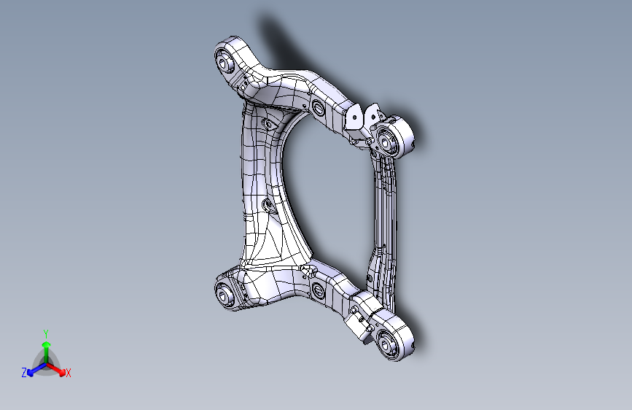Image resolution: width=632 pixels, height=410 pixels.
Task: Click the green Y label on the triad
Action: (45, 333)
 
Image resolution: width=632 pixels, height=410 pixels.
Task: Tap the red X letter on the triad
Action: (69, 374)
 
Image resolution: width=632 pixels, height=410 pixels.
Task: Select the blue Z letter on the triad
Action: (24, 373)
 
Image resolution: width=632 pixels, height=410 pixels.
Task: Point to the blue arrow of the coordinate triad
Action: (34, 369)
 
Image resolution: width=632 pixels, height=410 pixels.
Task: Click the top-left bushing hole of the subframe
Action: (225, 63)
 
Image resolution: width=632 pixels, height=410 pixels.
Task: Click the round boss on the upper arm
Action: (318, 109)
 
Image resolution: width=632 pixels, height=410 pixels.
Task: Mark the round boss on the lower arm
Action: (318, 293)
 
